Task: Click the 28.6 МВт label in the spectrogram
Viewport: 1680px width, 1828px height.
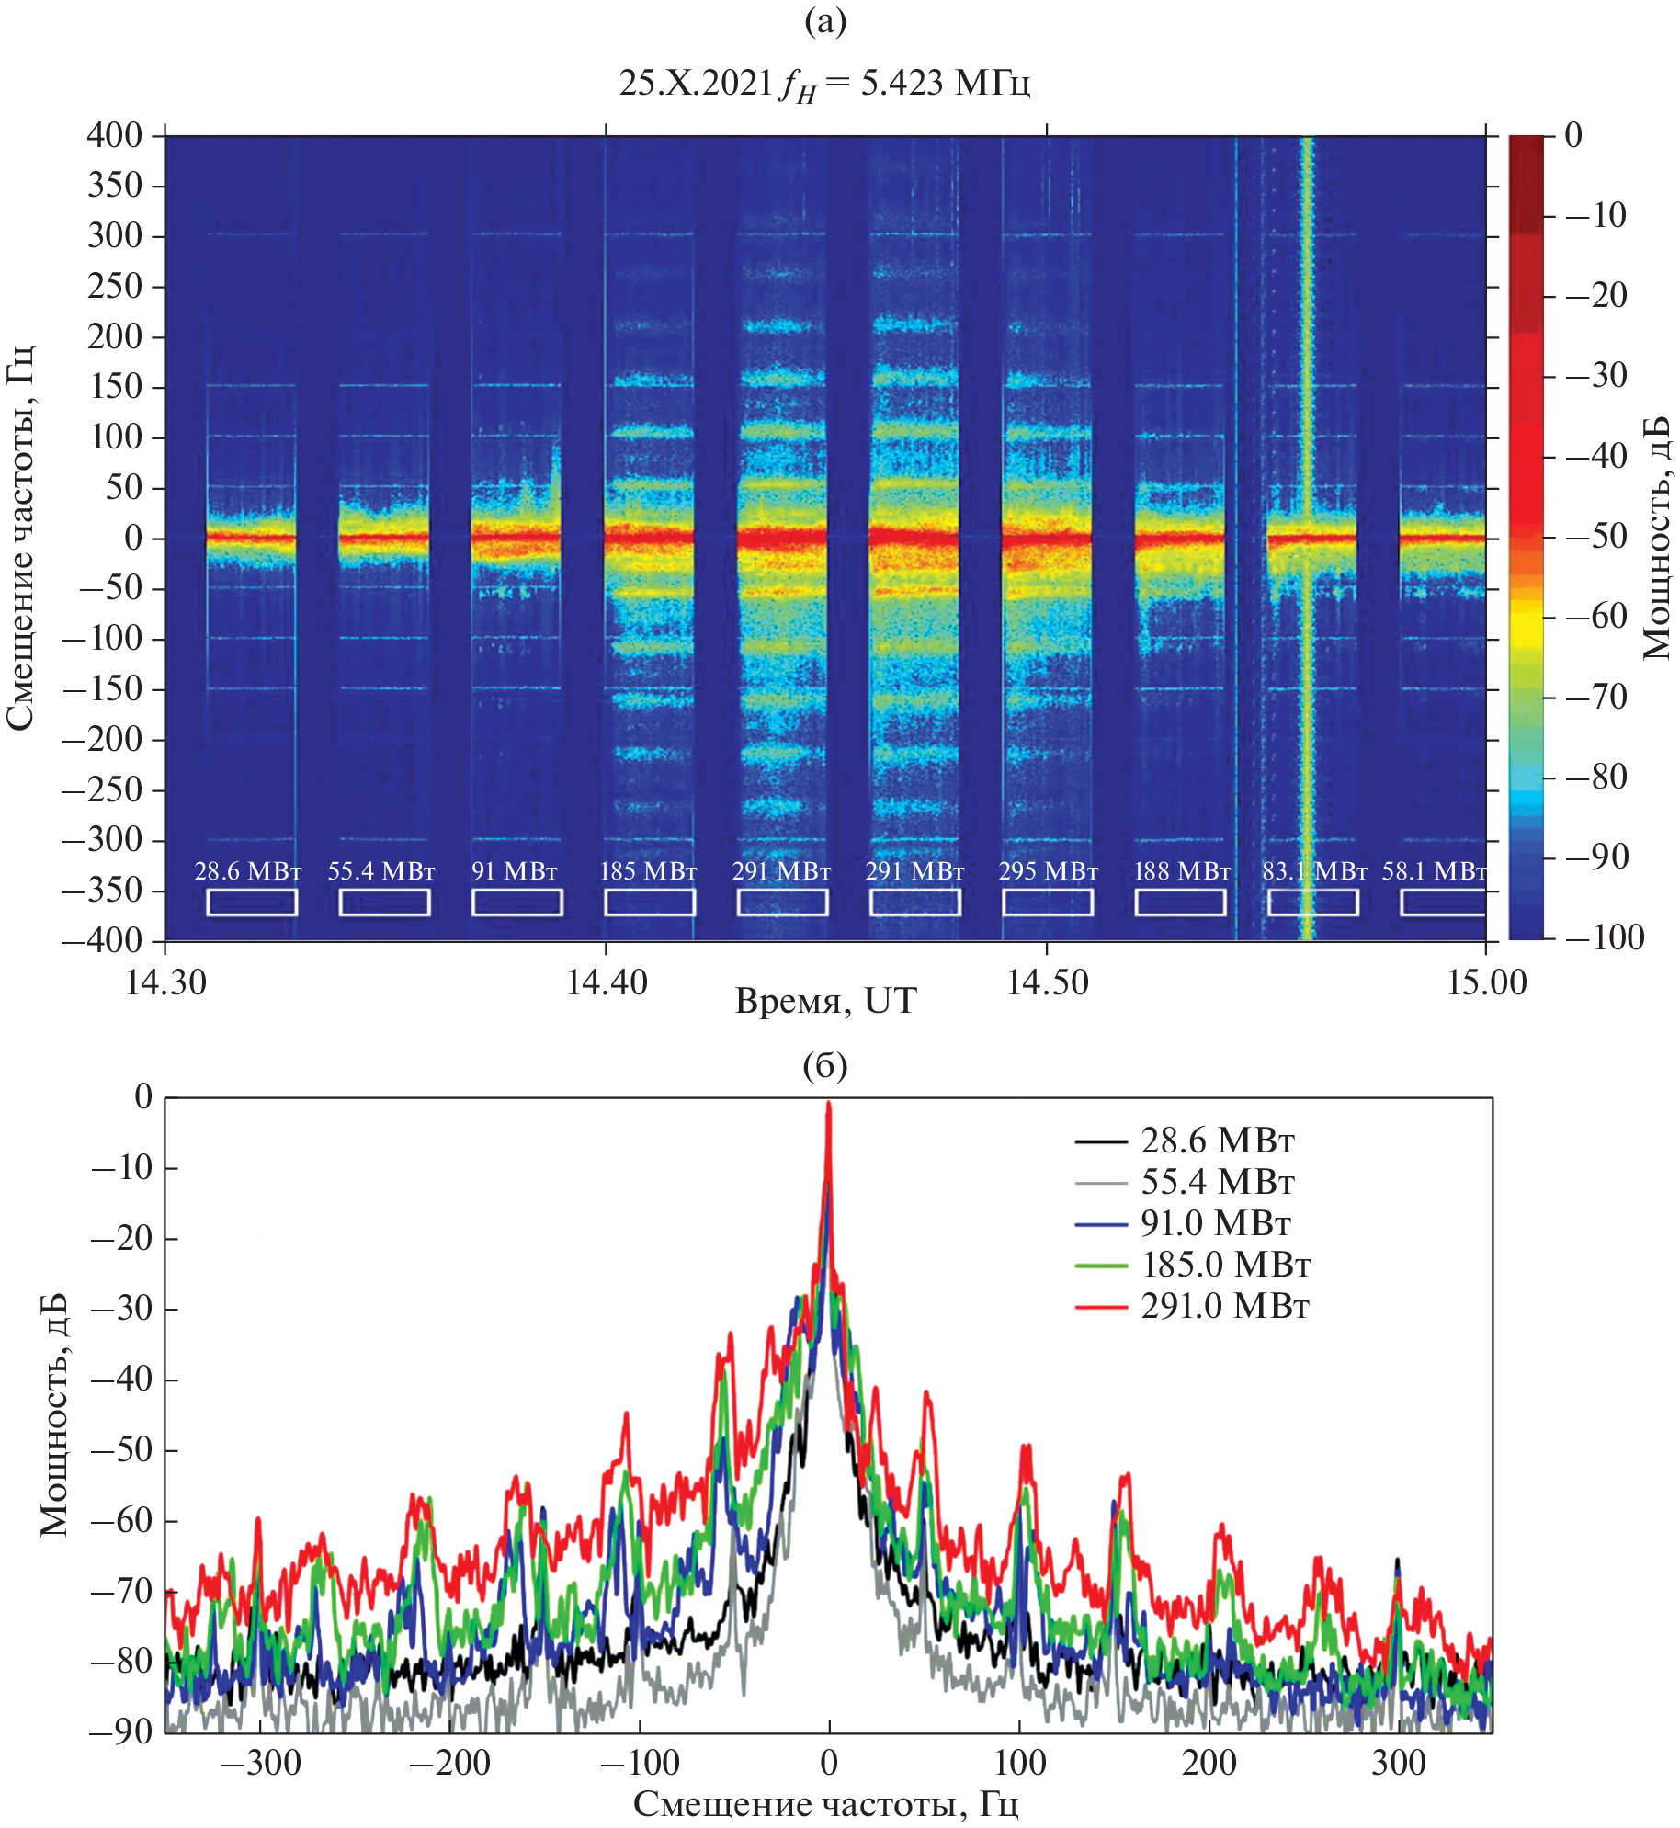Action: pyautogui.click(x=247, y=870)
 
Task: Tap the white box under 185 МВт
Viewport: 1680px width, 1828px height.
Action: pyautogui.click(x=650, y=903)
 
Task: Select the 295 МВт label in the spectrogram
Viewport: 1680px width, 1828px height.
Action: pyautogui.click(x=1049, y=870)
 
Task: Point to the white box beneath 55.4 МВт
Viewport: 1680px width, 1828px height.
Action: pyautogui.click(x=384, y=903)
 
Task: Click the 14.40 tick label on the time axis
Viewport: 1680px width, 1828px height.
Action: pyautogui.click(x=607, y=982)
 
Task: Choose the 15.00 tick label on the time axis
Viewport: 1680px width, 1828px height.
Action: pyautogui.click(x=1486, y=982)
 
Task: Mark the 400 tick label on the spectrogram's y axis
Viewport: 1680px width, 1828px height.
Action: pyautogui.click(x=115, y=135)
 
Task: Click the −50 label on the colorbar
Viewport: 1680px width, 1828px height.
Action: pyautogui.click(x=1596, y=536)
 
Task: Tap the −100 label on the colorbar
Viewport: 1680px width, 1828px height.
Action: pyautogui.click(x=1605, y=937)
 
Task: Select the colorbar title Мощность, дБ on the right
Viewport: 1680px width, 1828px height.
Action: pyautogui.click(x=1656, y=538)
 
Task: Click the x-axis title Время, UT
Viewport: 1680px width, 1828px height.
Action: pyautogui.click(x=825, y=1000)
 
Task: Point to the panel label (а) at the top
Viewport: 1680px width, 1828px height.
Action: pyautogui.click(x=824, y=20)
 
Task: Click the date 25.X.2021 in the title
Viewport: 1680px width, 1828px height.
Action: pyautogui.click(x=696, y=83)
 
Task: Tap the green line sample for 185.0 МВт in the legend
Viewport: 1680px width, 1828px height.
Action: pyautogui.click(x=1101, y=1266)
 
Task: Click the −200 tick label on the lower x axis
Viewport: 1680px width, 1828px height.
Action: pyautogui.click(x=449, y=1763)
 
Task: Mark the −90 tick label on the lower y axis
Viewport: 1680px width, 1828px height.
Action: pyautogui.click(x=122, y=1731)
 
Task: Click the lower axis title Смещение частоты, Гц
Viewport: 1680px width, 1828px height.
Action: pyautogui.click(x=825, y=1803)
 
